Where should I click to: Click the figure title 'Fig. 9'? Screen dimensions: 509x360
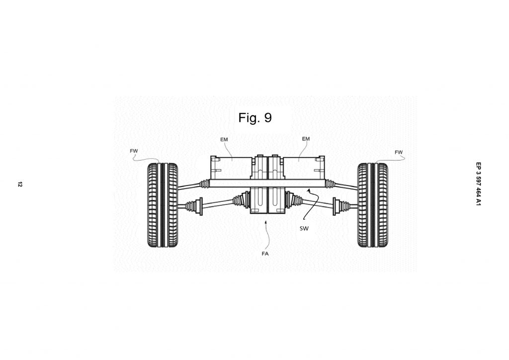(255, 117)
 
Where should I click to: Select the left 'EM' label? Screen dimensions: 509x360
(224, 140)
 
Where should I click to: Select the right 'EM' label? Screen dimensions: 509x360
(306, 139)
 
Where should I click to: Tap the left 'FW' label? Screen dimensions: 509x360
(134, 151)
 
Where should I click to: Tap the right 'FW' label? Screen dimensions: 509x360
(399, 152)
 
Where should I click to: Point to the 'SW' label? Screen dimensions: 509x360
(304, 229)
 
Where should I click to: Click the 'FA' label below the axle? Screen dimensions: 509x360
(265, 254)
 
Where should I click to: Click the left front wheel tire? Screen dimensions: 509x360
(163, 205)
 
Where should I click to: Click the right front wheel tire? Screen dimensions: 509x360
(372, 205)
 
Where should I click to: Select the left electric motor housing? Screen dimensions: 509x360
(231, 168)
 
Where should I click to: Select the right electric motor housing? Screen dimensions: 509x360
(304, 168)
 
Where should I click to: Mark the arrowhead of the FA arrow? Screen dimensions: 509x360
(266, 222)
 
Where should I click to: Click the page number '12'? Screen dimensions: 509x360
(20, 184)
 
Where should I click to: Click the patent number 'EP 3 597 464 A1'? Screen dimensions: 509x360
(478, 184)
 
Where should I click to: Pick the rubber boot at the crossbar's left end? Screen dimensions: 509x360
(204, 184)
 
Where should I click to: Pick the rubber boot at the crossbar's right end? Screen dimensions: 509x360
(330, 184)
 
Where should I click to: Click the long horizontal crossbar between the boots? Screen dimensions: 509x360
(267, 183)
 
